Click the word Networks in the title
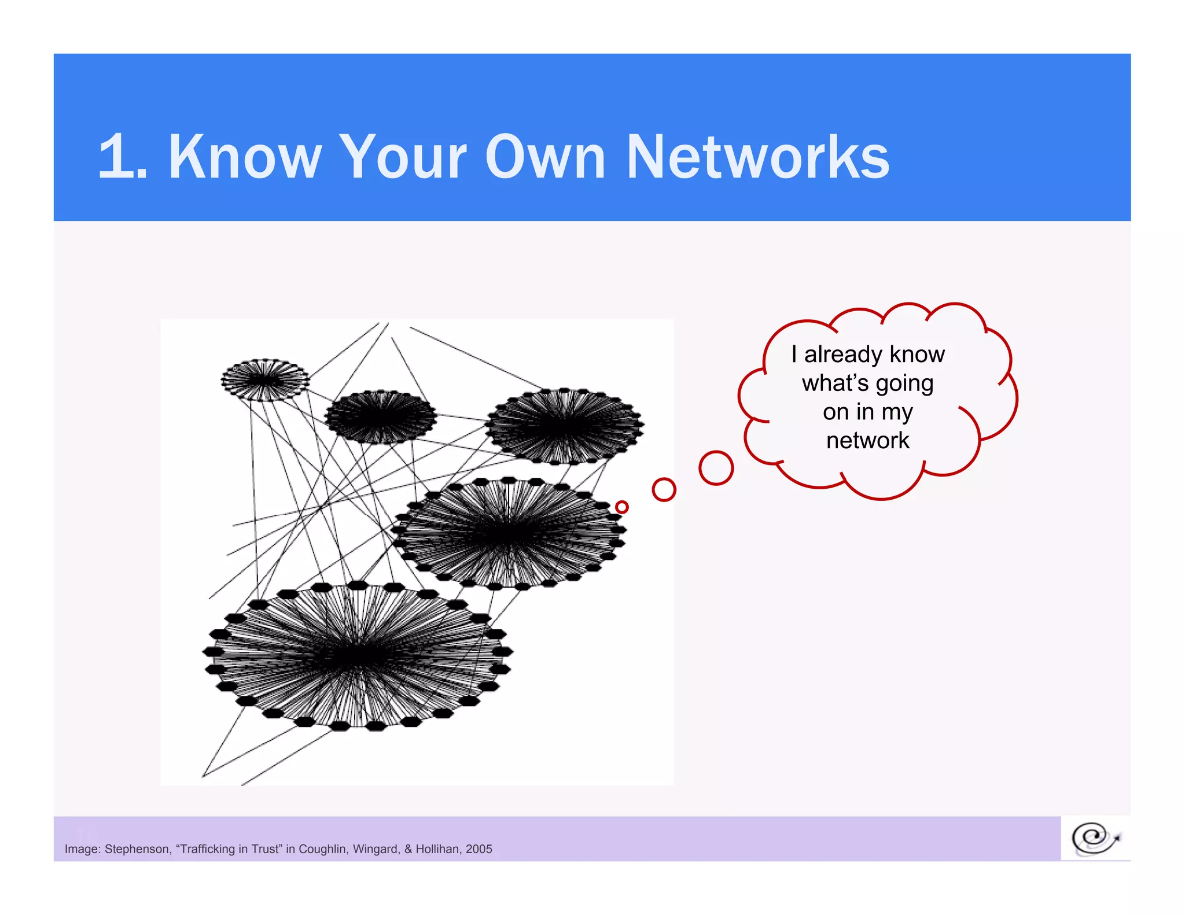coord(758,157)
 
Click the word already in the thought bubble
coord(842,354)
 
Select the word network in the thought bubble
coord(867,441)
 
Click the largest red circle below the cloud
coord(716,468)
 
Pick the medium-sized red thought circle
coord(664,490)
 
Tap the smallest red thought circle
coord(622,507)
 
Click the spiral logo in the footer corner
coord(1095,838)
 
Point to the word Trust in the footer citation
coord(266,849)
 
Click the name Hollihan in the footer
coord(437,849)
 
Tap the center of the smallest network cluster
coord(265,380)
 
